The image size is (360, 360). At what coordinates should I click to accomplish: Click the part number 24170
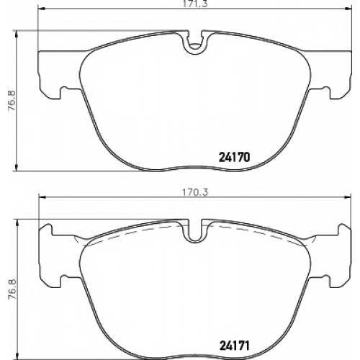234,158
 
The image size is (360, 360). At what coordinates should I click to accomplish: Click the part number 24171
234,346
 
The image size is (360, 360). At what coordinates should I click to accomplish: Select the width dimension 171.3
195,4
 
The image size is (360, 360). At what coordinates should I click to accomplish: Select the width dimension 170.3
195,192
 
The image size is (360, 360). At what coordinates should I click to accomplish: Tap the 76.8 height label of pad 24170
12,100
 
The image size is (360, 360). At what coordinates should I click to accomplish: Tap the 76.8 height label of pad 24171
12,289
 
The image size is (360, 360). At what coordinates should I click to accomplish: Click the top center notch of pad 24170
195,42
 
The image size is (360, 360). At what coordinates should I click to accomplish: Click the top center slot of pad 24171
195,230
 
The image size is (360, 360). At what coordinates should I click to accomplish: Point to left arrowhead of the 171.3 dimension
42,9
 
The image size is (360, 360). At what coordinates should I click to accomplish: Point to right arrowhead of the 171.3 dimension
348,9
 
